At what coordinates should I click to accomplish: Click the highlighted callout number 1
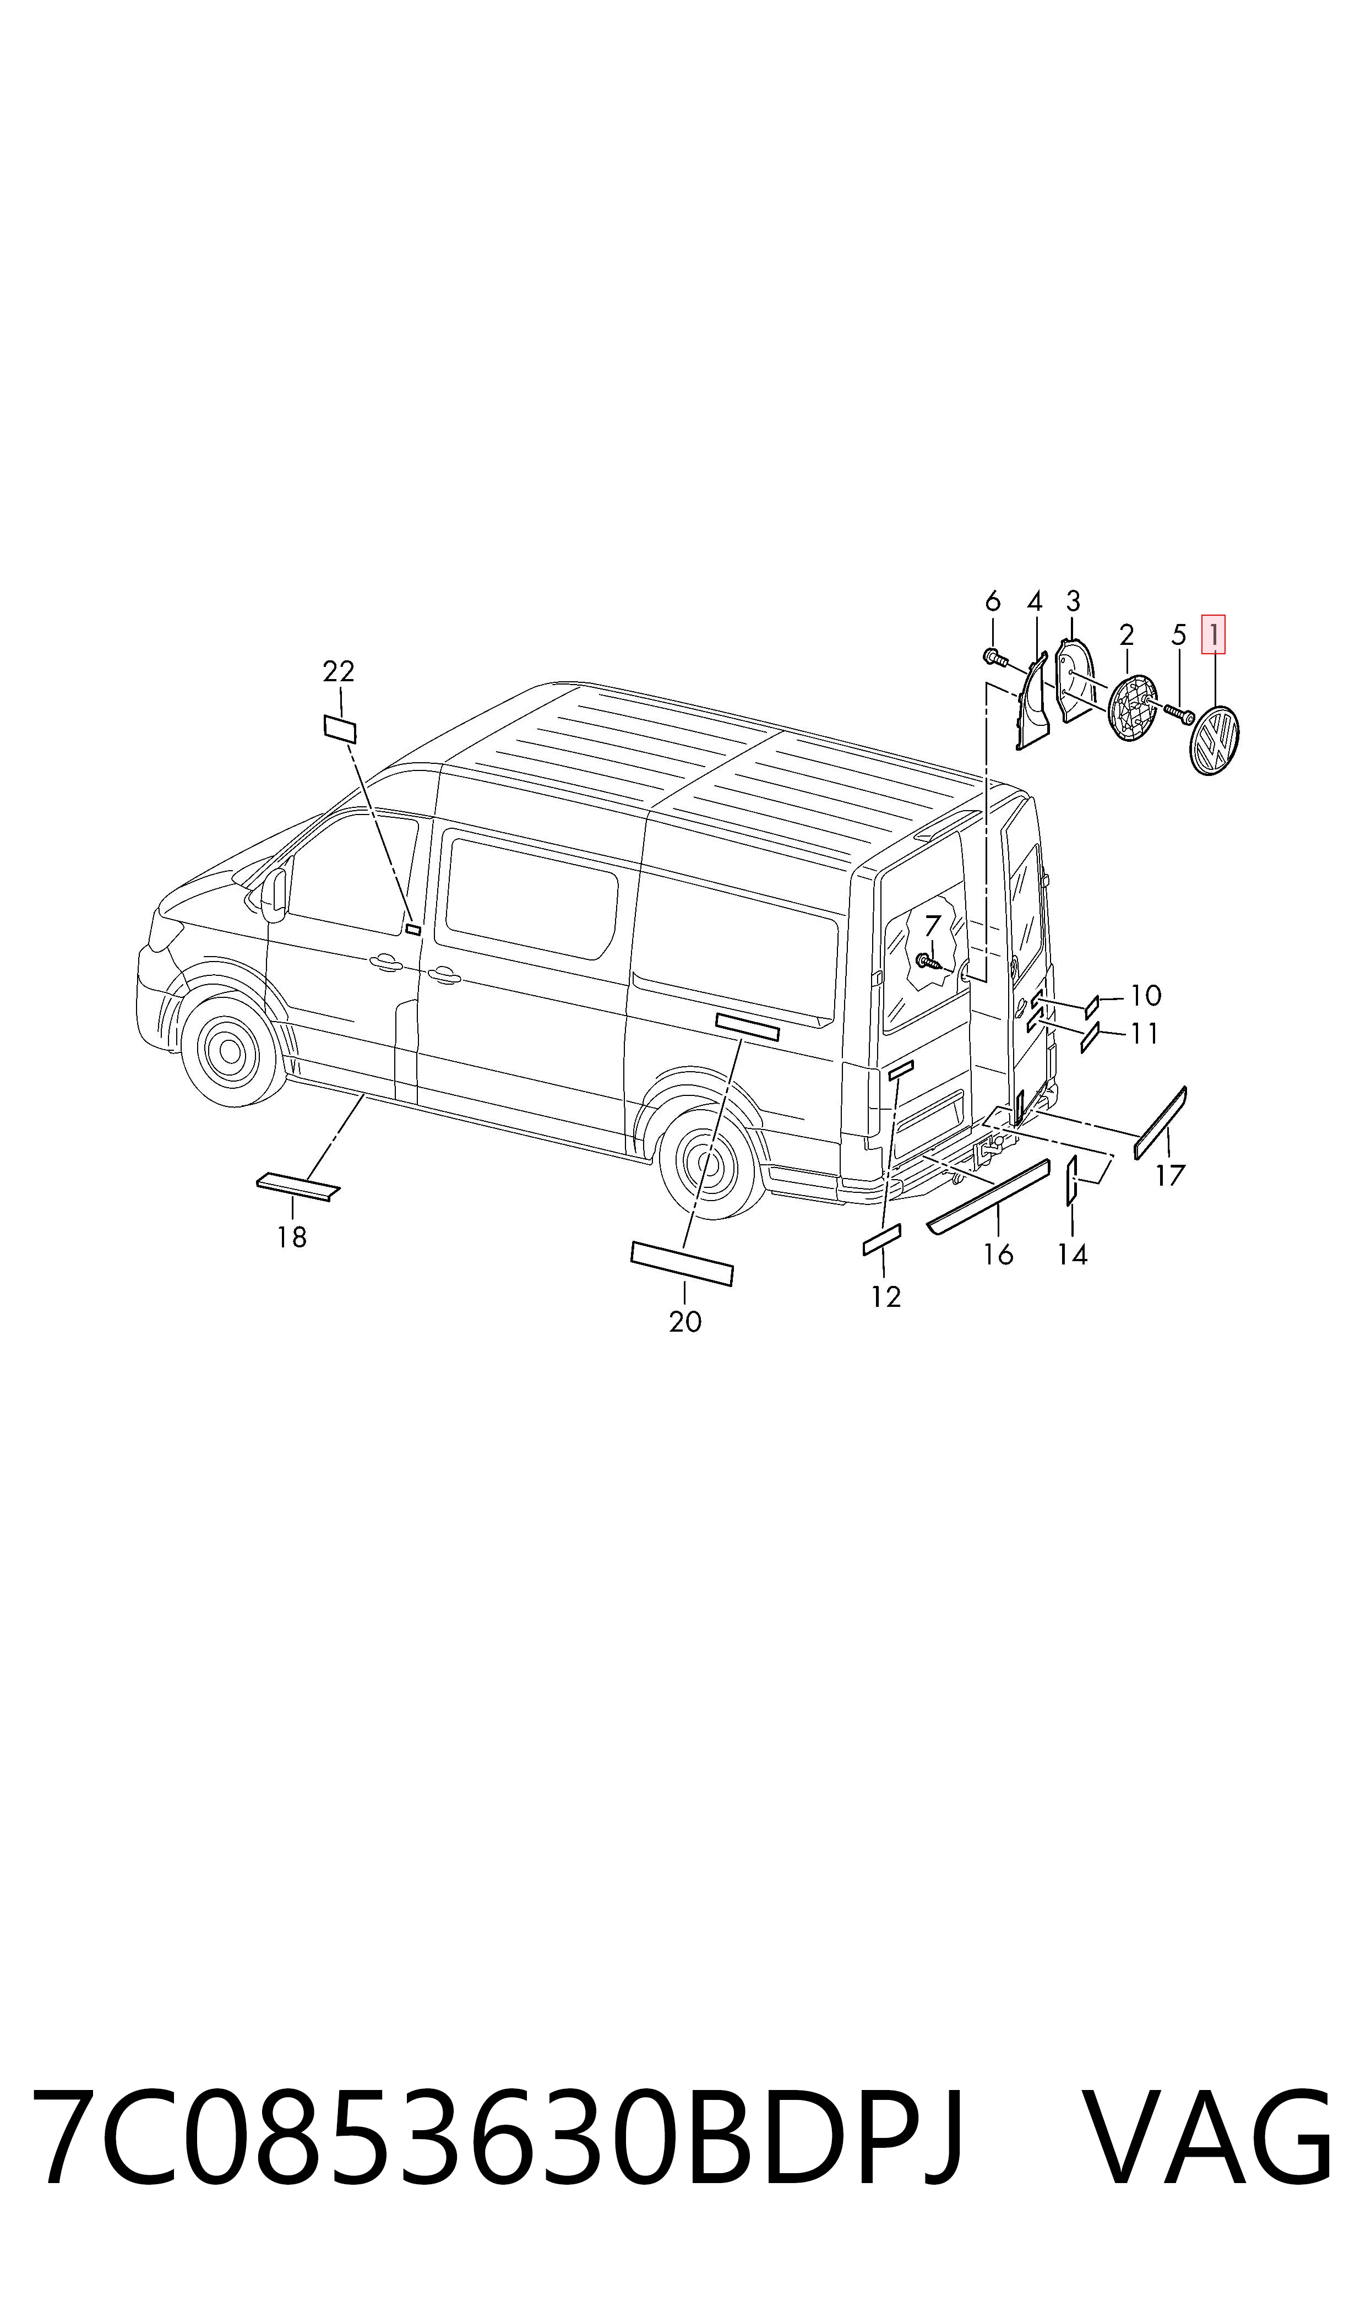[1213, 634]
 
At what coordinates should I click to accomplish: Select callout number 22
[339, 671]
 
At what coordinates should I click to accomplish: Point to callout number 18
[292, 1237]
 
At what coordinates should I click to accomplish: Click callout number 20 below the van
[685, 1322]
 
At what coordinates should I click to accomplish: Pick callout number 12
[885, 1297]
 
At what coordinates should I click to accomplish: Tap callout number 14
[1073, 1255]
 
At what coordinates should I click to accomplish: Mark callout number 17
[1170, 1176]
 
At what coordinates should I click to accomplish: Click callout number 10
[1146, 995]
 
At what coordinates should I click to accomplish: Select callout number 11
[1144, 1034]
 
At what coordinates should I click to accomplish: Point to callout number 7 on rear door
[933, 925]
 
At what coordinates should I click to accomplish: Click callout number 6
[992, 601]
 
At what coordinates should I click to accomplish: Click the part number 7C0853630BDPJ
[498, 2140]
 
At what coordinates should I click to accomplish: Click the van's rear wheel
[711, 1162]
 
